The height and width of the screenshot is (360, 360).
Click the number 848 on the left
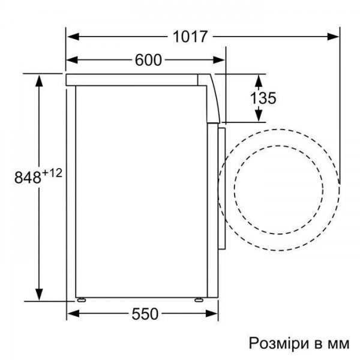(27, 177)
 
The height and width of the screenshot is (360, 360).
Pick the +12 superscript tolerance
(52, 173)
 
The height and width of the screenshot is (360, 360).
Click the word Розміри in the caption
(274, 344)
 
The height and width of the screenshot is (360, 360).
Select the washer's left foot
(80, 298)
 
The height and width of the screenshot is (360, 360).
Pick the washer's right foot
(198, 298)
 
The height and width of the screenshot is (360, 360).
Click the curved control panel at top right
(212, 96)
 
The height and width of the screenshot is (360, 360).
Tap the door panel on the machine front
(221, 186)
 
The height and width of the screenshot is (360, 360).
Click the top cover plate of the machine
(132, 79)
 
